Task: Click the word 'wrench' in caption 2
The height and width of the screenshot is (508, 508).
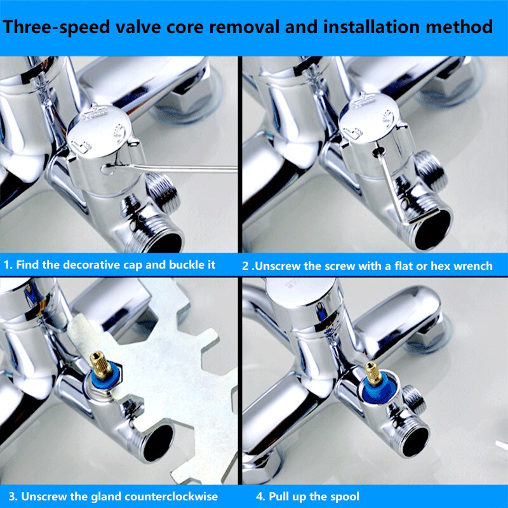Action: coord(473,266)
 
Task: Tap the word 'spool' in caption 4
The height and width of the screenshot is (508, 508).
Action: coord(344,497)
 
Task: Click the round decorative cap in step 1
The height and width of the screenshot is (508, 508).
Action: coord(99,135)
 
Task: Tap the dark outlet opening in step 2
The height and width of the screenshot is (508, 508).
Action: coord(433,229)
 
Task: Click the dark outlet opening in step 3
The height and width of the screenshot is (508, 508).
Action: coord(158,443)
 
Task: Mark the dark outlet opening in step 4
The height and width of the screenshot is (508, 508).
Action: coord(415,441)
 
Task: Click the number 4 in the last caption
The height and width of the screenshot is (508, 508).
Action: coord(259,497)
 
